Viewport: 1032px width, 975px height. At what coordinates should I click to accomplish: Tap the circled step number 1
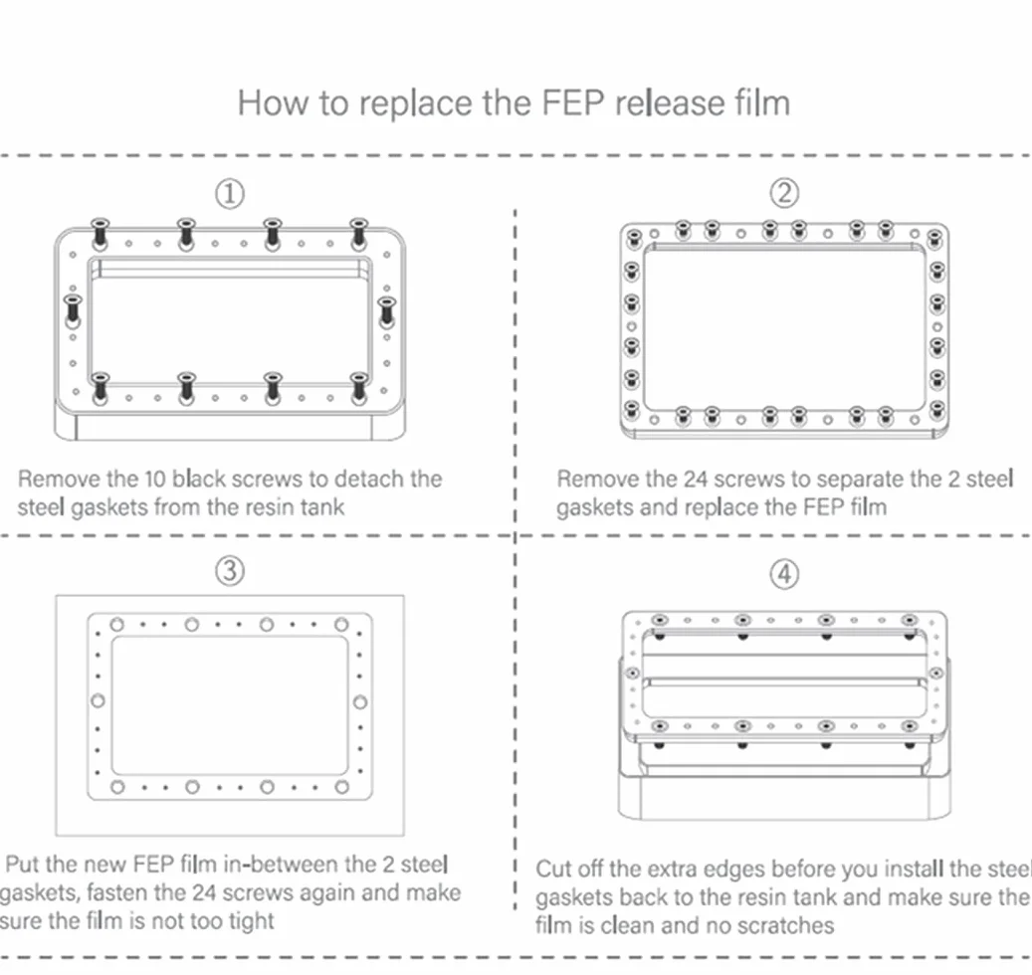coord(230,194)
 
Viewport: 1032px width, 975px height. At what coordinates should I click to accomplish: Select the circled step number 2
coord(784,193)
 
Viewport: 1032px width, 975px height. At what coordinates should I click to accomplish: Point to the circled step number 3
coord(230,570)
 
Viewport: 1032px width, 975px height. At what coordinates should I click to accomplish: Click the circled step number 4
coord(784,574)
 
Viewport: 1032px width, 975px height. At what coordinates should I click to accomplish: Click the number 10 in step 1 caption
coord(154,479)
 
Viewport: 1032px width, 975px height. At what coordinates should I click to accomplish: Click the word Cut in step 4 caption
coord(554,870)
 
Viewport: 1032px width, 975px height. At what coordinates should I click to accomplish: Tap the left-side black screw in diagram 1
coord(73,309)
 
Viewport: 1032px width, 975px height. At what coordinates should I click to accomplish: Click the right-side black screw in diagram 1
coord(386,311)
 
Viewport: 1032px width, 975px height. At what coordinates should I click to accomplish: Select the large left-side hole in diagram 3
coord(98,700)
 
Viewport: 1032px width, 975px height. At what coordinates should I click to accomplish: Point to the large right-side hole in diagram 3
coord(360,702)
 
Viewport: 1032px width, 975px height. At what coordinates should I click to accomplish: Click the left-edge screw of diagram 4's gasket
coord(633,673)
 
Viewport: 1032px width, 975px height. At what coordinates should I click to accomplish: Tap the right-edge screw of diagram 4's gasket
coord(935,673)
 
